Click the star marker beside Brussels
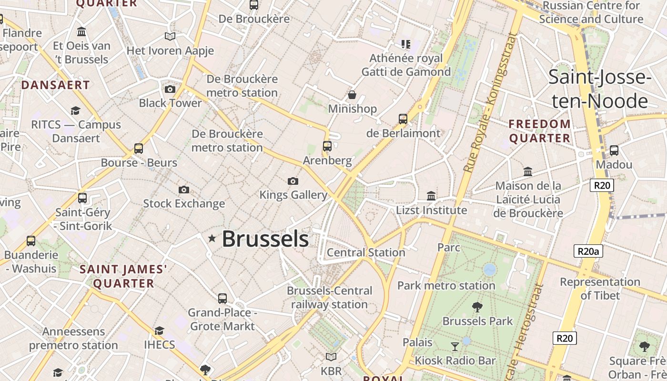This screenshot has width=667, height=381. [x=212, y=238]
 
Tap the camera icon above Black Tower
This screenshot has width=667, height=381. [x=170, y=89]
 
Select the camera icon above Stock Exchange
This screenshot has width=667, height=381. [x=184, y=190]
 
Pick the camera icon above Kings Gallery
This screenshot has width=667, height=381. [x=293, y=181]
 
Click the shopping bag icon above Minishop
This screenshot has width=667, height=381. [x=352, y=95]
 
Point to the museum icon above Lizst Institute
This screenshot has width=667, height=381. [x=431, y=196]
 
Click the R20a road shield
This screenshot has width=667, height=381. [x=588, y=251]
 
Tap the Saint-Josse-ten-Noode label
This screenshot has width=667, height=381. [x=599, y=89]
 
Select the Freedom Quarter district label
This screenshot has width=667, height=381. [x=539, y=131]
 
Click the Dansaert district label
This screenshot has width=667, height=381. [x=55, y=85]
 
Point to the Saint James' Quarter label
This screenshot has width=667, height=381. [x=123, y=276]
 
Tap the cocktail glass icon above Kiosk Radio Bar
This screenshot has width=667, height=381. [x=455, y=346]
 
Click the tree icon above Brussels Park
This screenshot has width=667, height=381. [x=477, y=307]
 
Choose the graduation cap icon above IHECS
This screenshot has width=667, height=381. [x=159, y=331]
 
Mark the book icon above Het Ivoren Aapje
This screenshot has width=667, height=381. [x=170, y=36]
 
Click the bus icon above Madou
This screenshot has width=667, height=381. [x=614, y=150]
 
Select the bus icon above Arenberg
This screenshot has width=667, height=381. [x=327, y=146]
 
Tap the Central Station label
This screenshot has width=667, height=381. [x=366, y=252]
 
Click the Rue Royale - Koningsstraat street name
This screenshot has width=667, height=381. [x=490, y=102]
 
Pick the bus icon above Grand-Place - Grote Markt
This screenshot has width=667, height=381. [x=222, y=299]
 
